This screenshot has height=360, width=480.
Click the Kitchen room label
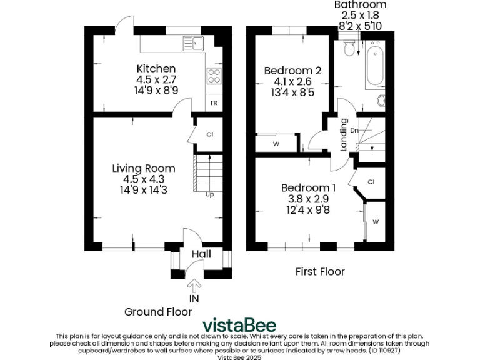click(x=156, y=68)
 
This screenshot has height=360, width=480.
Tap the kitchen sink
click(x=193, y=43)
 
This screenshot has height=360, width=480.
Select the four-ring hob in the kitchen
click(x=214, y=76)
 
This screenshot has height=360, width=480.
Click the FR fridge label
click(x=214, y=103)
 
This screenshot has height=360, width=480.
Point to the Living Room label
click(x=144, y=168)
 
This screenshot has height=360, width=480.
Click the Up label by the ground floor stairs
click(x=210, y=194)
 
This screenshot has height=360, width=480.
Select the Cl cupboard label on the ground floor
click(x=210, y=134)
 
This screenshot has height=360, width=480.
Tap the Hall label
click(x=201, y=254)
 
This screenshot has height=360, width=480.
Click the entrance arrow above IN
click(x=194, y=286)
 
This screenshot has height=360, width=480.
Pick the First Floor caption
click(x=320, y=271)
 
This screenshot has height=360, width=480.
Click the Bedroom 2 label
click(x=292, y=70)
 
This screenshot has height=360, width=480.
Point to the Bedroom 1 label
click(x=308, y=187)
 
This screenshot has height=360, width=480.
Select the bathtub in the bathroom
click(x=375, y=67)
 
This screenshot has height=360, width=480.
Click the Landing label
click(x=344, y=135)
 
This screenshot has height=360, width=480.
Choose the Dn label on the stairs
click(x=354, y=130)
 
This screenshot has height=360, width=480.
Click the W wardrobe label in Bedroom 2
click(x=276, y=144)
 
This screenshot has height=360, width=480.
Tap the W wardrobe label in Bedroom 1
click(x=376, y=222)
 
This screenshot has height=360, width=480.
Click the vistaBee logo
click(x=239, y=326)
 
